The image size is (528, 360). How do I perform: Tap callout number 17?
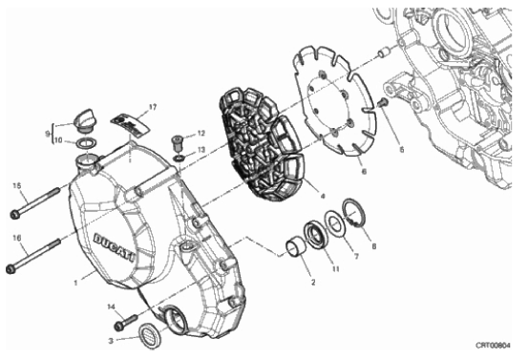pos(153,107)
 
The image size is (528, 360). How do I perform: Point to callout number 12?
pos(201,134)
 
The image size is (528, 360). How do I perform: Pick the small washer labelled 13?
pos(180,158)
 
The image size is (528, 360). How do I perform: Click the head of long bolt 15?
pos(14,214)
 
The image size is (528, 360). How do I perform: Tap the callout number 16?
pos(17,238)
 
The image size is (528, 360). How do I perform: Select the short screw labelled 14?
pos(126,322)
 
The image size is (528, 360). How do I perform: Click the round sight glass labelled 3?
pos(150,333)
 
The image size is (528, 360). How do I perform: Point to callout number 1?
pos(75,283)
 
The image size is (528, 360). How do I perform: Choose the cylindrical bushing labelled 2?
pos(295,247)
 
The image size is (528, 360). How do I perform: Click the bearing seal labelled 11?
pos(315,234)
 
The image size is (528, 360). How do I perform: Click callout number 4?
pos(323,196)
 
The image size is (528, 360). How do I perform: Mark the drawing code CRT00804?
pos(493,345)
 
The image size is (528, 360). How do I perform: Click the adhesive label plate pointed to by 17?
pos(130,124)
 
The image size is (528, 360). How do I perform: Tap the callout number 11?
pos(335,269)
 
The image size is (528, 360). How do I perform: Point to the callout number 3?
pos(111,341)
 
